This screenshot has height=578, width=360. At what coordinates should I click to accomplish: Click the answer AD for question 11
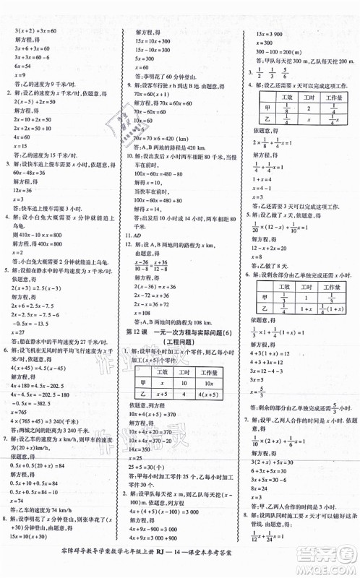pyautogui.click(x=137, y=236)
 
